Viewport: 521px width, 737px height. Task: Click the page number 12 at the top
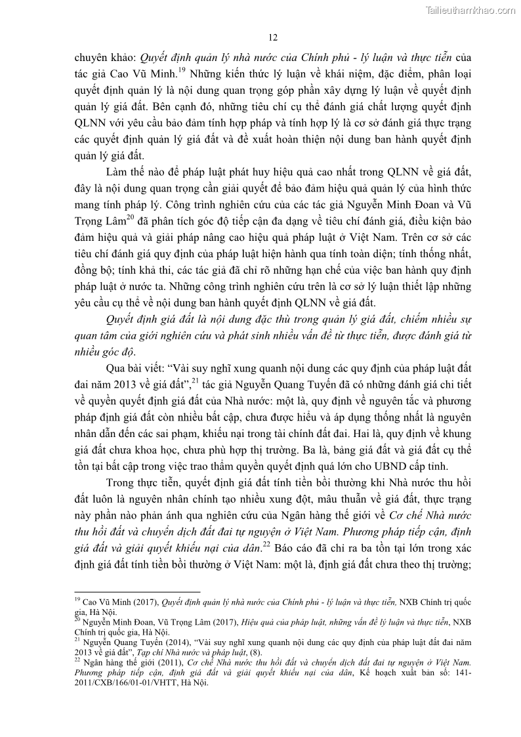(x=274, y=37)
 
